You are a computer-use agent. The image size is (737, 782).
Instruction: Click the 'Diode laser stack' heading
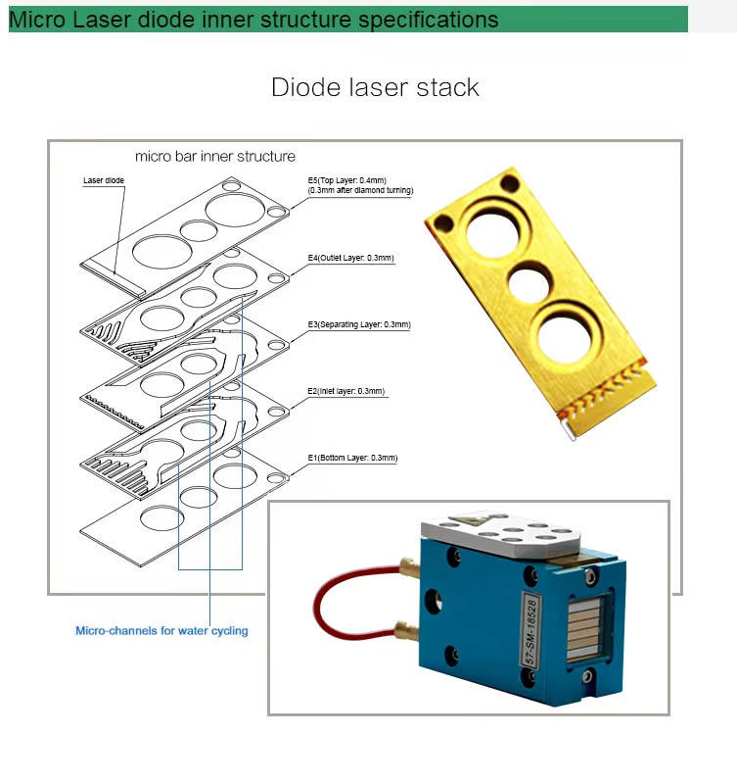(375, 87)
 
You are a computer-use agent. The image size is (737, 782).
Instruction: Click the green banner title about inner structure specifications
(253, 20)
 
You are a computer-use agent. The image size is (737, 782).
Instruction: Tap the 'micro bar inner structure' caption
(214, 156)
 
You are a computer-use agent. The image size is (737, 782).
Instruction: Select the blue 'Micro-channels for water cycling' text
(161, 631)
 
